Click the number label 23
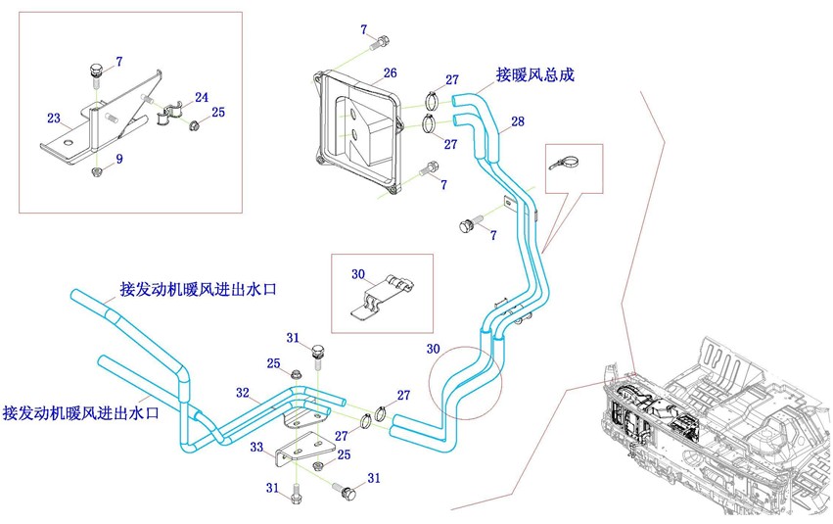(54, 118)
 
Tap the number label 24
(202, 97)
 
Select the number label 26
(390, 72)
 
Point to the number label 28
(518, 121)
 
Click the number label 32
(243, 393)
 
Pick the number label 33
(256, 447)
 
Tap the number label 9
(119, 159)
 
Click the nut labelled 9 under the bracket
(97, 171)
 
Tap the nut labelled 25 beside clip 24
(195, 125)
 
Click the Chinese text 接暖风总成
(535, 74)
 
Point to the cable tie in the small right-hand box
(564, 162)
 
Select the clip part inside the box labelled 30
(384, 298)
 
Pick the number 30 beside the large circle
(433, 349)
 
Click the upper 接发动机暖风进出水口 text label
(198, 290)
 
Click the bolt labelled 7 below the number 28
(470, 223)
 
